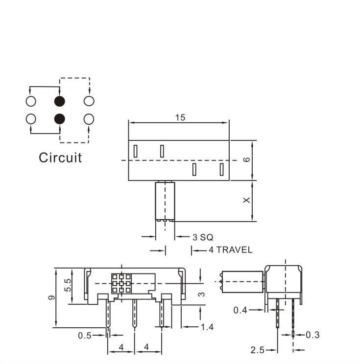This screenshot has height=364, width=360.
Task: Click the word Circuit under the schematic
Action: pyautogui.click(x=60, y=158)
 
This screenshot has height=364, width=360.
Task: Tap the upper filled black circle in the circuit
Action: pyautogui.click(x=60, y=101)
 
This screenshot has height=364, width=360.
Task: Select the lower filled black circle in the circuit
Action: pyautogui.click(x=60, y=118)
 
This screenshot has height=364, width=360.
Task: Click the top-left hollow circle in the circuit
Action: pyautogui.click(x=30, y=101)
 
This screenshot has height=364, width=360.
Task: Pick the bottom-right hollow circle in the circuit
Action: pyautogui.click(x=89, y=118)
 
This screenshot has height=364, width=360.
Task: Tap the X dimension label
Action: pyautogui.click(x=247, y=200)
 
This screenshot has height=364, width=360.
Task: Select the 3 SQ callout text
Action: pyautogui.click(x=203, y=237)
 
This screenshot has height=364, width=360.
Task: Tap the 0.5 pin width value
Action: pyautogui.click(x=84, y=336)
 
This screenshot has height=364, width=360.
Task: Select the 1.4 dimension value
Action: pyautogui.click(x=208, y=327)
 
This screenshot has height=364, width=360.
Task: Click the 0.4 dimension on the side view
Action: pyautogui.click(x=240, y=310)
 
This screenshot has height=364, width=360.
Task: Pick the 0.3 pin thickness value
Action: pyautogui.click(x=312, y=335)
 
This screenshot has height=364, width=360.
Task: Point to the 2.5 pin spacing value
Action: pyautogui.click(x=258, y=350)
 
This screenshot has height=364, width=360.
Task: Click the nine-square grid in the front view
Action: pyautogui.click(x=120, y=283)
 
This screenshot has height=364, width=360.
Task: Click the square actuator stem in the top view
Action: pyautogui.click(x=165, y=201)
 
